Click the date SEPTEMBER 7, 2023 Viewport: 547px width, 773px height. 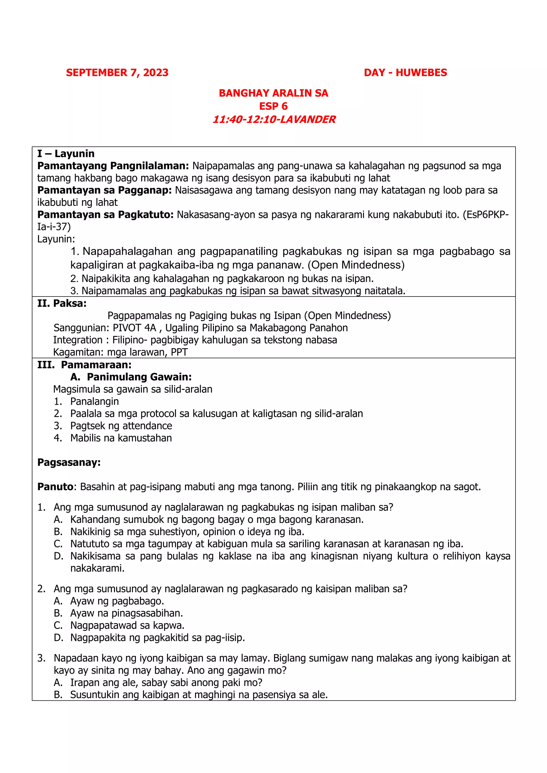(117, 73)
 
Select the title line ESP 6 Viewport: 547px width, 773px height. (273, 107)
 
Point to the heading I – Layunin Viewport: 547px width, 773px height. (66, 154)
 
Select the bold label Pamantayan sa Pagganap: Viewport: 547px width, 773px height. (104, 190)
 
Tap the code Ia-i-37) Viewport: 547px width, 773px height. (54, 227)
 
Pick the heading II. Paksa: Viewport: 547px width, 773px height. (62, 304)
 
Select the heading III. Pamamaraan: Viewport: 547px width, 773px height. (84, 365)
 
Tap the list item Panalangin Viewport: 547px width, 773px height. (94, 402)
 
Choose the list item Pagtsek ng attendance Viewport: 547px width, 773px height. (121, 426)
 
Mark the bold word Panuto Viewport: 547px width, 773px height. (55, 487)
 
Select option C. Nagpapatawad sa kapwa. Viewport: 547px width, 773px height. (127, 626)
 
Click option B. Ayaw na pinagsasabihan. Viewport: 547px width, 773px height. (126, 613)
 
